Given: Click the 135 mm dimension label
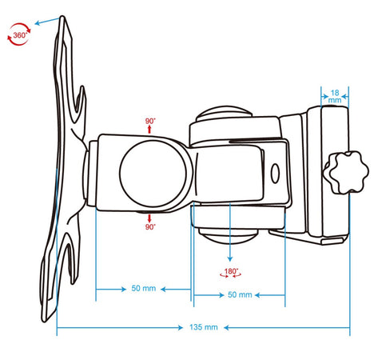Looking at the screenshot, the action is click(204, 327).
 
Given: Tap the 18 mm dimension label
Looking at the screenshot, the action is click(335, 96).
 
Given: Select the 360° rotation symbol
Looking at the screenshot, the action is click(19, 34).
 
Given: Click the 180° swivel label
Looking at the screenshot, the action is click(231, 273).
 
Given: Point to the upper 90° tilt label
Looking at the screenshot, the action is click(150, 121).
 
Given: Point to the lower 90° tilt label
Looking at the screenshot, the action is click(150, 227).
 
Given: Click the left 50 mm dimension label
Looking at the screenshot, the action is click(144, 288).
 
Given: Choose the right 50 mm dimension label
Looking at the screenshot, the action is click(240, 294).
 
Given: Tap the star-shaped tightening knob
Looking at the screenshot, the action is click(346, 172).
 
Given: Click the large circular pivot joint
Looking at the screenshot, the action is click(153, 174).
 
